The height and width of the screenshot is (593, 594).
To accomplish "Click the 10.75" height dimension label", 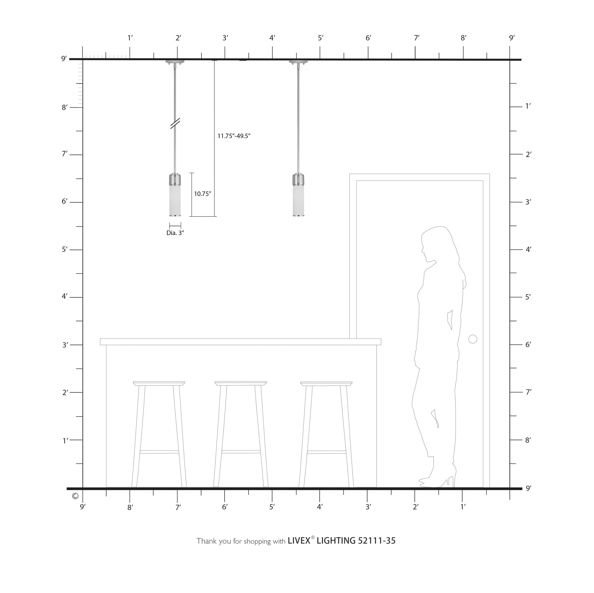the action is tap(203, 194).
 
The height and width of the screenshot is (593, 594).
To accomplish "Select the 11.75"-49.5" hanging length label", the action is tap(234, 136).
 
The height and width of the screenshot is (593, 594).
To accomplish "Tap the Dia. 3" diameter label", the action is tap(175, 233).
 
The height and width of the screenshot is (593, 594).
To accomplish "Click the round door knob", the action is tap(473, 339).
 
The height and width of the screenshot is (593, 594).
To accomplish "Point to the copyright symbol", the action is tap(75, 496).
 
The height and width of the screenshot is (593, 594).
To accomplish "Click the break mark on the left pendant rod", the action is tap(175, 123).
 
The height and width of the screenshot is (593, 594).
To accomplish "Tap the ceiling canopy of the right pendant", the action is tap(298, 62).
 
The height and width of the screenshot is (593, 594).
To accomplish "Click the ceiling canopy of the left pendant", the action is tap(175, 62).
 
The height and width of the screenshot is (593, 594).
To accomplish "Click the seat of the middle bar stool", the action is tap(241, 383).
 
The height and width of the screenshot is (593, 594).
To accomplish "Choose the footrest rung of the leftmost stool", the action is tap(159, 452).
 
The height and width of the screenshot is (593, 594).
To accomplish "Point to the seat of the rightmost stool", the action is tap(326, 384).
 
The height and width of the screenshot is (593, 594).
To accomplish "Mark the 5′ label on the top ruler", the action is tap(321, 38).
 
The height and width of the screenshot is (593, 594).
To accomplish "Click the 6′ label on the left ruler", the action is tap(64, 201).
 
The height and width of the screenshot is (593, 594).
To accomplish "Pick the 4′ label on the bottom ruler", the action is tap(320, 507).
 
